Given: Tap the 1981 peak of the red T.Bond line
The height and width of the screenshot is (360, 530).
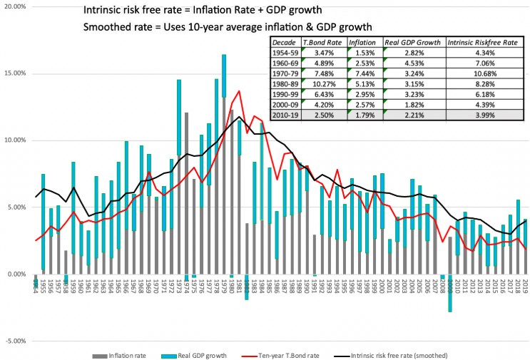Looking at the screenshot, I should pos(239,91).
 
